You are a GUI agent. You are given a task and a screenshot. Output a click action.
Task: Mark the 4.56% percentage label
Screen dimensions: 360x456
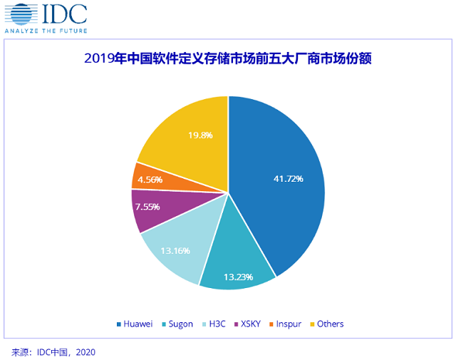[151, 180]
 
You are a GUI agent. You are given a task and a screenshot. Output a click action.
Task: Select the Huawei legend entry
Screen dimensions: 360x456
[135, 324]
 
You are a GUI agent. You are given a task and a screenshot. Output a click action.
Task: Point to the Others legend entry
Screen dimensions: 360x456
[330, 324]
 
